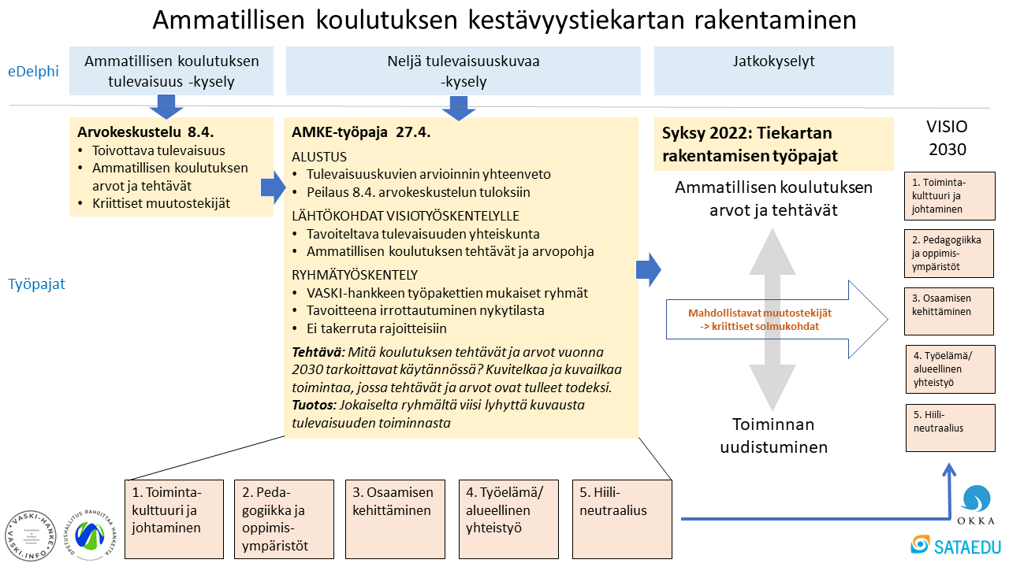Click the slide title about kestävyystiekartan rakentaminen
[x=504, y=21]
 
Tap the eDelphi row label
[x=34, y=71]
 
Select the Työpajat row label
[x=37, y=284]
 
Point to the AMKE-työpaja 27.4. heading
[x=361, y=132]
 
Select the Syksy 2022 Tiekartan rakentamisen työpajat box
[x=773, y=144]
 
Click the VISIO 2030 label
[x=947, y=138]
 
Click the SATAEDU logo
[x=951, y=544]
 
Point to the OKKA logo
[x=976, y=505]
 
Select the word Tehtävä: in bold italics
[x=318, y=351]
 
